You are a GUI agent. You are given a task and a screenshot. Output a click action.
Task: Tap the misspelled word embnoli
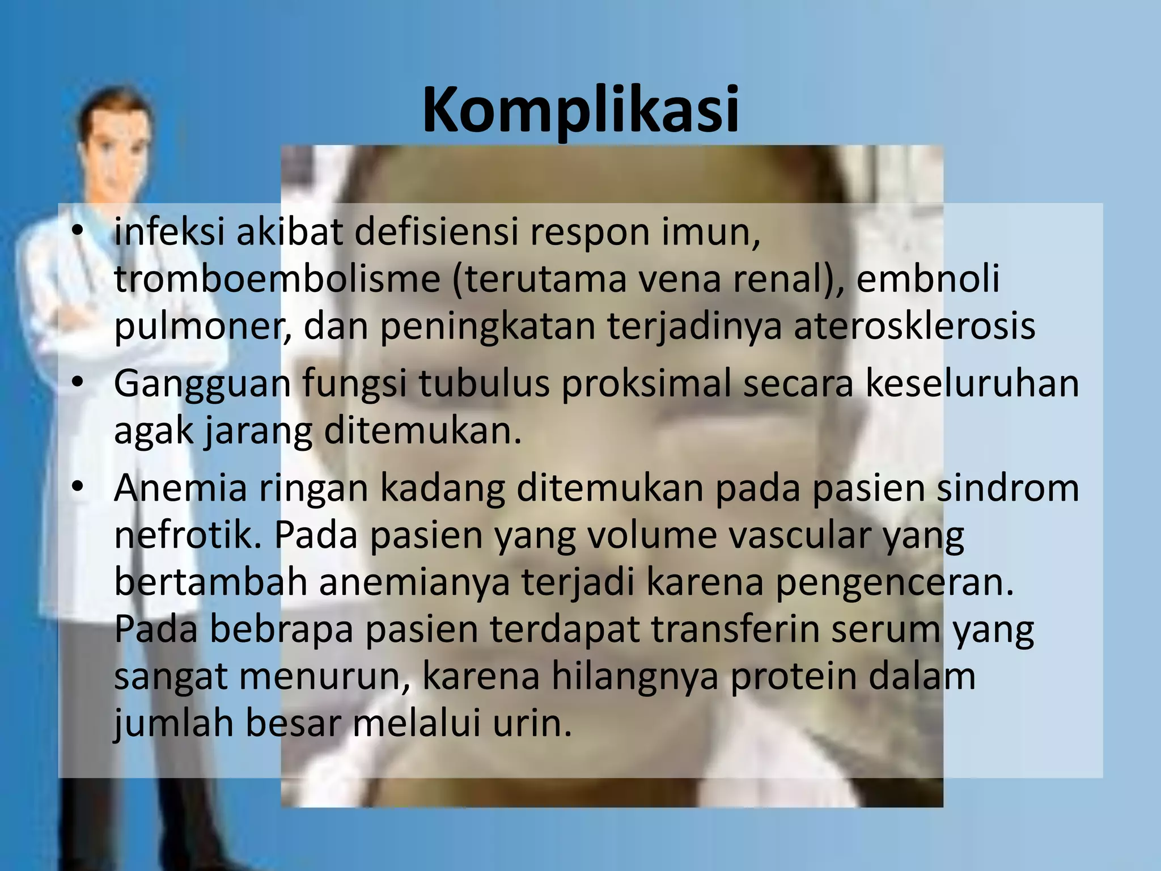pyautogui.click(x=927, y=279)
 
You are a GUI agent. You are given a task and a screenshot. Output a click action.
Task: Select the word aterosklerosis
pyautogui.click(x=914, y=327)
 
